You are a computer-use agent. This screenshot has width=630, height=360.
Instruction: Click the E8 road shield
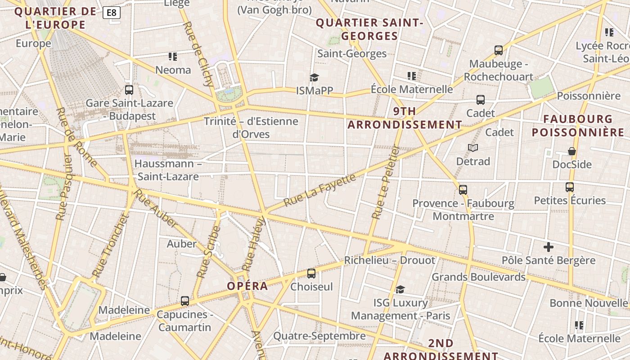111,13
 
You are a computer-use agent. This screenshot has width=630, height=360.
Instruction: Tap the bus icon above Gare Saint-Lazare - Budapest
129,90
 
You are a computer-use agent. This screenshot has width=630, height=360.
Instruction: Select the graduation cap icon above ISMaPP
314,78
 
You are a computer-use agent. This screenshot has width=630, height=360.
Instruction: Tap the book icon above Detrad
472,148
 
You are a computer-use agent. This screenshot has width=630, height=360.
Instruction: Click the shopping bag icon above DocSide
571,151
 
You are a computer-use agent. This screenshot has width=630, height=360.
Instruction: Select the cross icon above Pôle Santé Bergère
548,247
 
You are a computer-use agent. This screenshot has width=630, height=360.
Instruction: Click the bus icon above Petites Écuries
570,187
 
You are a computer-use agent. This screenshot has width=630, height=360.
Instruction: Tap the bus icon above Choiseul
311,274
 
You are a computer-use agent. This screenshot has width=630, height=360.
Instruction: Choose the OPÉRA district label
247,286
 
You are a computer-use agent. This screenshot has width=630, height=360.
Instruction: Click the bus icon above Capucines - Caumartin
185,301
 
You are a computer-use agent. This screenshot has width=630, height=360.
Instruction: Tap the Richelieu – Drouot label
390,261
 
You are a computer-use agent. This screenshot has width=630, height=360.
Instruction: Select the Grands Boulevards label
478,277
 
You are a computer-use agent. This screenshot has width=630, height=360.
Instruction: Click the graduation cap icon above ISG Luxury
400,289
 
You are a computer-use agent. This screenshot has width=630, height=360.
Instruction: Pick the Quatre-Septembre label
319,336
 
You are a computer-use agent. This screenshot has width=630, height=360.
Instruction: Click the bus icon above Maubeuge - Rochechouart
499,50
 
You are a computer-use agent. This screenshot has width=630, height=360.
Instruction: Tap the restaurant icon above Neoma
173,57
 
